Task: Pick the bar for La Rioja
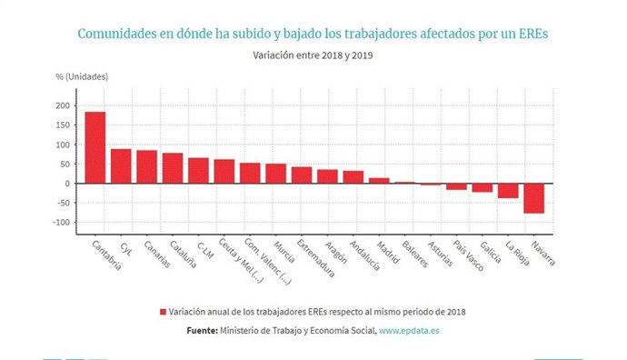[508, 191]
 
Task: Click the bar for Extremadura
[302, 175]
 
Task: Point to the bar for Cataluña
[173, 168]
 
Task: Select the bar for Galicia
[483, 188]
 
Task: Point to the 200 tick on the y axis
[62, 105]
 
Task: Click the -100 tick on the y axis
[60, 223]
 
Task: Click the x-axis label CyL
[125, 248]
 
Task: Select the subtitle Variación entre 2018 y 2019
[313, 55]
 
